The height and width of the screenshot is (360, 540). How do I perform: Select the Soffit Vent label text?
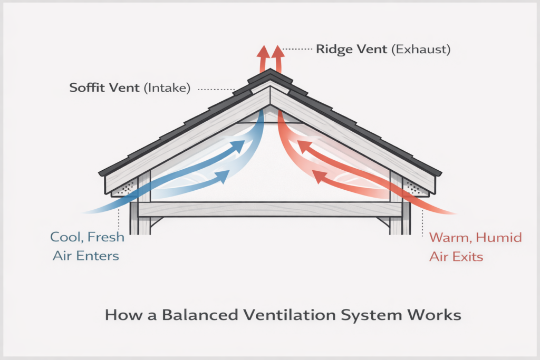[105, 88]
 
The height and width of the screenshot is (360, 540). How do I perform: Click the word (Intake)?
[167, 88]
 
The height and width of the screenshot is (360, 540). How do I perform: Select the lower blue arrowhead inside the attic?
[224, 176]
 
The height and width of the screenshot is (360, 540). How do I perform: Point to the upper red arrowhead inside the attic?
[303, 145]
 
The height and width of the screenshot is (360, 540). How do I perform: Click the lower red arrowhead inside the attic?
[317, 176]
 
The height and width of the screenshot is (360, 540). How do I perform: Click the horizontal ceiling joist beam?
[270, 209]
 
